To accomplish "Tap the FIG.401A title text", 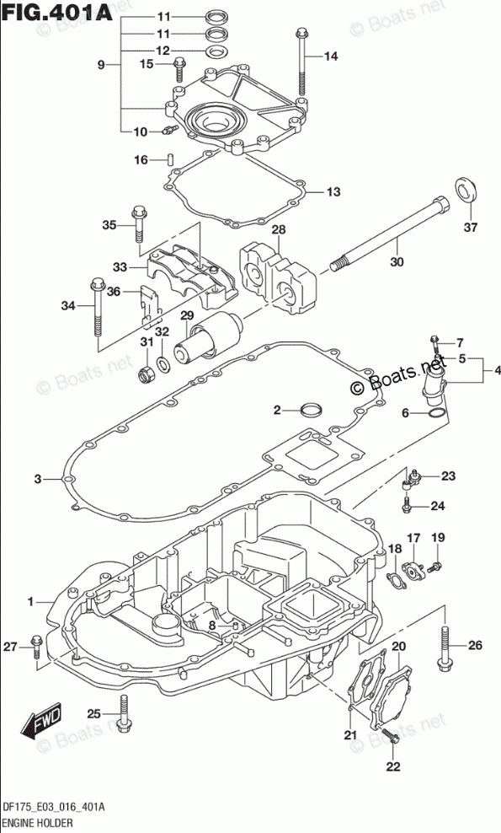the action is (56, 12).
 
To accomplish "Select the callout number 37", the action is (470, 228).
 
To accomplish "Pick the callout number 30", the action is (397, 261).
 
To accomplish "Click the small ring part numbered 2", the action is (312, 410).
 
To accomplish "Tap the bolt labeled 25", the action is (124, 713).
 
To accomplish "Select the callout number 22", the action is (392, 766).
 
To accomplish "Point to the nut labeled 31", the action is (146, 375).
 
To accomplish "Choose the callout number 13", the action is (333, 191).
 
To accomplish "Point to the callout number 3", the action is (38, 479).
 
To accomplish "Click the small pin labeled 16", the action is (171, 159).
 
